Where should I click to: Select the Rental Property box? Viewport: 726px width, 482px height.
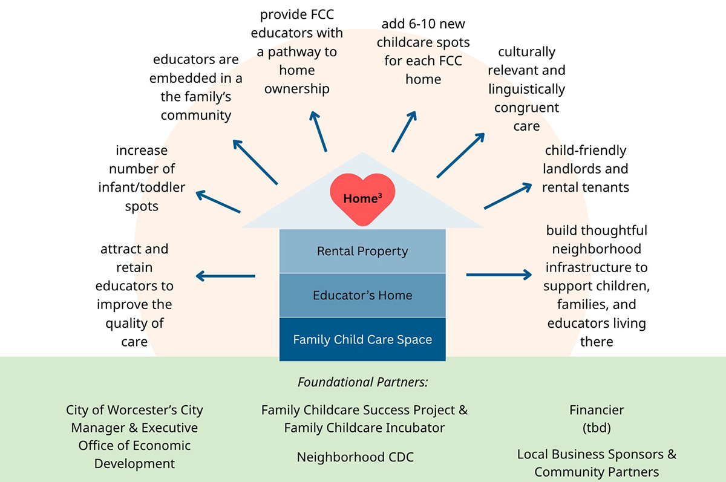(362, 251)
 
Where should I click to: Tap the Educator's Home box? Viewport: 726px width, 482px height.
(362, 295)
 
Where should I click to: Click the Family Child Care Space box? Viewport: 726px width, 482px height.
(362, 339)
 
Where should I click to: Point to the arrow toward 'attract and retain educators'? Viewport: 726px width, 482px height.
(225, 276)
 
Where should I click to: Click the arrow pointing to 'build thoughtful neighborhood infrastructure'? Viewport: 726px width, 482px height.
(499, 275)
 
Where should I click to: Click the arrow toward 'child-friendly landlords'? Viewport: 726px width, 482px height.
(508, 195)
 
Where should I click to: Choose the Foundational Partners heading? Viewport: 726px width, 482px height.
(362, 382)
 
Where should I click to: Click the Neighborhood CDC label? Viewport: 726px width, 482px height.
(355, 457)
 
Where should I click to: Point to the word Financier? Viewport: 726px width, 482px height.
(597, 410)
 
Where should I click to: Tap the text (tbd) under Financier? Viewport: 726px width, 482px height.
(597, 428)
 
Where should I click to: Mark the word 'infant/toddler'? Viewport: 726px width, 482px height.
(142, 187)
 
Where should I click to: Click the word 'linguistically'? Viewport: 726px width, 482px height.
(526, 90)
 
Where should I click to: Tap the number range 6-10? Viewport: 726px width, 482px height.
(414, 25)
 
